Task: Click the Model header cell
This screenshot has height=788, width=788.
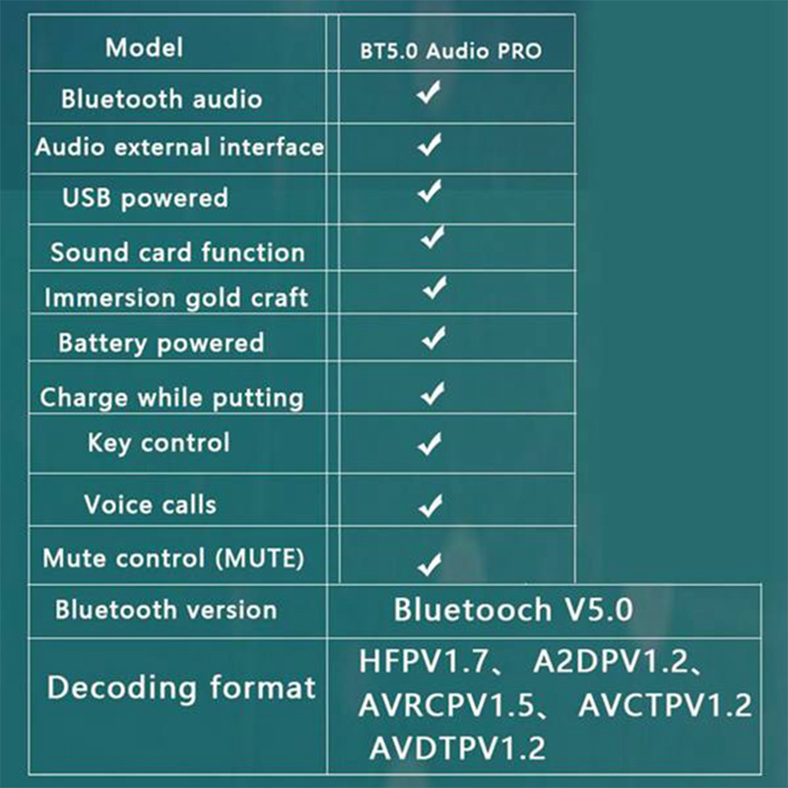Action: [144, 47]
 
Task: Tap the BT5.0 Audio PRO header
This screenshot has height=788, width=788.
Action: [450, 50]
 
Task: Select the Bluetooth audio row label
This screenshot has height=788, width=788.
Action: [162, 98]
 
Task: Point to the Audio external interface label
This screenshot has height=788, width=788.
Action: [179, 148]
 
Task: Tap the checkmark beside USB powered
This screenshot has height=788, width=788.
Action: [429, 192]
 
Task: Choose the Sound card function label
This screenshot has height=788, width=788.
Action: [177, 252]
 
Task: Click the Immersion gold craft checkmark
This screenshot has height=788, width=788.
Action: [434, 289]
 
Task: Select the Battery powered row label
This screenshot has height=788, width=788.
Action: [162, 344]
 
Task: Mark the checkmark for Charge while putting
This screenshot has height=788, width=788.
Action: [432, 394]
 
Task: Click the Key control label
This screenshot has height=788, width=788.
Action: [159, 443]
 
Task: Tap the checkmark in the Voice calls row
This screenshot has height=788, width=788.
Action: [430, 505]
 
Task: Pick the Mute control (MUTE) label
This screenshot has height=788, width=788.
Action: [173, 558]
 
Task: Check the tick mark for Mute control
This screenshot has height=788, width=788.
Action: [428, 564]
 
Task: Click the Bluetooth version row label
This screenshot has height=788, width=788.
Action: [166, 610]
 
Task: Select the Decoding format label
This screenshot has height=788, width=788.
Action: [181, 688]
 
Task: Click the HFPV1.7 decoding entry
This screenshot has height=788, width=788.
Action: [423, 662]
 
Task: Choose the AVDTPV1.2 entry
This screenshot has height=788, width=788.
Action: [457, 749]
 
